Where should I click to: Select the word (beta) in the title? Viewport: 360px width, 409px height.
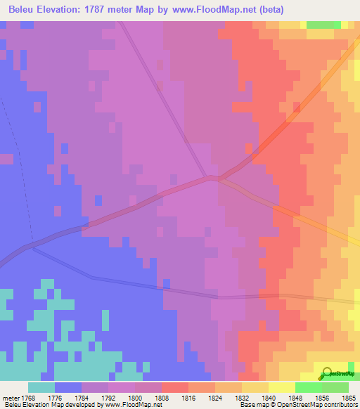tap(326, 9)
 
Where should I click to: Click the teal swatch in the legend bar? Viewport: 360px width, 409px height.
tap(41, 387)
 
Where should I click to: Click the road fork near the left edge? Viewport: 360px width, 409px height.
tap(32, 247)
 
